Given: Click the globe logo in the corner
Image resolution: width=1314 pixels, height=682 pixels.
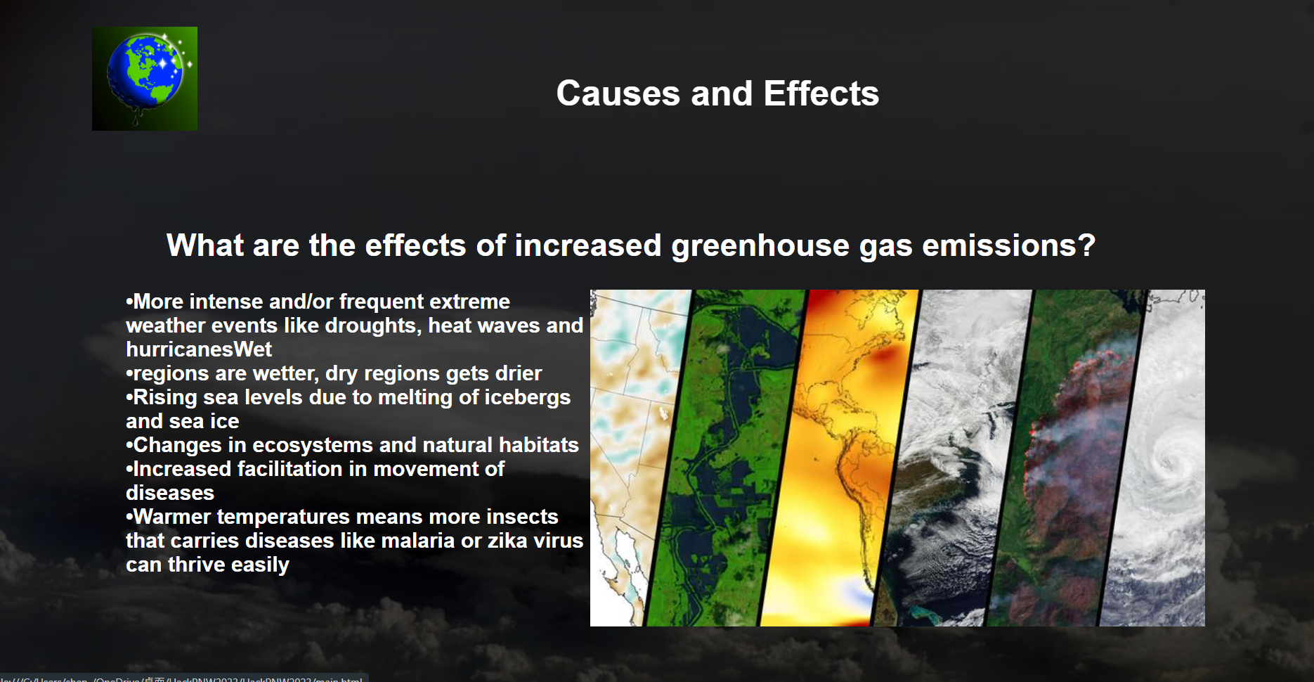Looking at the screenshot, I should [145, 79].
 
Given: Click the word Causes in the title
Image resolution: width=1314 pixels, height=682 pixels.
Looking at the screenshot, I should [618, 94].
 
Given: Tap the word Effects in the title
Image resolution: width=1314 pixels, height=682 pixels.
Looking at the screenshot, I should [821, 94].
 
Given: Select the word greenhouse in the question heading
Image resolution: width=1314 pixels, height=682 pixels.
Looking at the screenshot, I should [760, 245].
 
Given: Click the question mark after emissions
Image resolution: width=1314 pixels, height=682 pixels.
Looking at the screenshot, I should [1087, 245].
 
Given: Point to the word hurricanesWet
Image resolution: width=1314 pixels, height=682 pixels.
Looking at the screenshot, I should [199, 349].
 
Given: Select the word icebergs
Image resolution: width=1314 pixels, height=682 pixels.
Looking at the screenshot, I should [527, 397].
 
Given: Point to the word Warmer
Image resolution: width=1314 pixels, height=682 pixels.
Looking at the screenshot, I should [172, 517].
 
